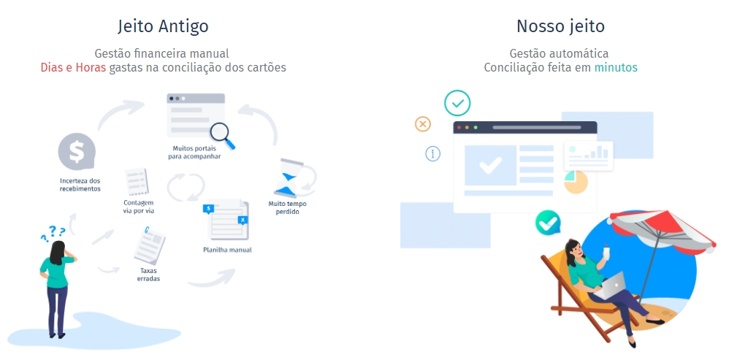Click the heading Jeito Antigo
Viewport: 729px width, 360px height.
pyautogui.click(x=163, y=26)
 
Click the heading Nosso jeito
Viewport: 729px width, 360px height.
pyautogui.click(x=560, y=26)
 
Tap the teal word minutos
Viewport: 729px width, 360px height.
pyautogui.click(x=616, y=67)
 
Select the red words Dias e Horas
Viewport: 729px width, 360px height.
pyautogui.click(x=74, y=67)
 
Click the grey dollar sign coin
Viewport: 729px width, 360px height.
pyautogui.click(x=77, y=152)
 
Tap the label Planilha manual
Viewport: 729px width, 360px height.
pyautogui.click(x=227, y=250)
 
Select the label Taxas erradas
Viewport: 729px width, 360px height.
pyautogui.click(x=150, y=275)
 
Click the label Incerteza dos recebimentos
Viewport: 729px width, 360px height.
pyautogui.click(x=80, y=184)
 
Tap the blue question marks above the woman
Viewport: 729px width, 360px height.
pyautogui.click(x=53, y=233)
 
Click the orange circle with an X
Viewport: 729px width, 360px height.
pyautogui.click(x=423, y=123)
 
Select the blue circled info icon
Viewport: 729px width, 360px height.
pyautogui.click(x=433, y=153)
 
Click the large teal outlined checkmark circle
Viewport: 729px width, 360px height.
pyautogui.click(x=458, y=104)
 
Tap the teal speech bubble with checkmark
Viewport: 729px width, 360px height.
pyautogui.click(x=547, y=222)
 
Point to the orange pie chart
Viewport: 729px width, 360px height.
pyautogui.click(x=576, y=182)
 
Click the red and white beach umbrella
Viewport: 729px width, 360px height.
pyautogui.click(x=662, y=226)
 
